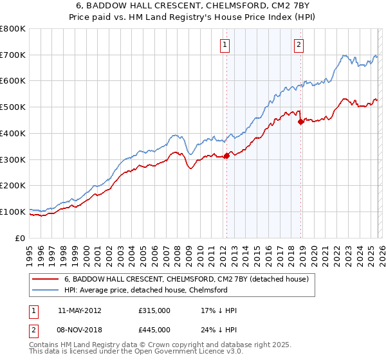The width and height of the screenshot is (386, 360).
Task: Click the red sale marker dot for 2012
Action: pos(226,155)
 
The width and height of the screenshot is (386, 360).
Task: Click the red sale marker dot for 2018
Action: pos(300,122)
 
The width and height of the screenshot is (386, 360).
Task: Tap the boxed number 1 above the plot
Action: pos(225,44)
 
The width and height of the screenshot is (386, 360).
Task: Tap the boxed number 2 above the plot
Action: pos(300,44)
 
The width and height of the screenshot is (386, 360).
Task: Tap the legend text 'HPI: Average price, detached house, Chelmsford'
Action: pos(145,290)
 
